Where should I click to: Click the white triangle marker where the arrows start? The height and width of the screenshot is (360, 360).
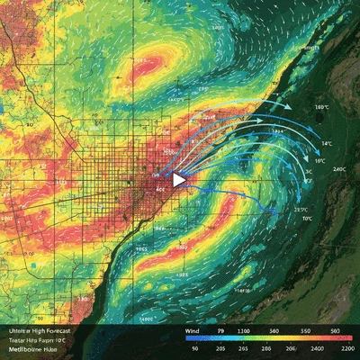tap(179, 180)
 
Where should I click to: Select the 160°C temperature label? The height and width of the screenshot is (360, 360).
tap(321, 107)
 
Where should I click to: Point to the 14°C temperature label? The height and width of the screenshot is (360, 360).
tap(326, 144)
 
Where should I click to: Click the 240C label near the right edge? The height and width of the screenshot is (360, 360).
tap(339, 169)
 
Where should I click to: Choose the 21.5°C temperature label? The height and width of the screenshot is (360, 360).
tap(300, 210)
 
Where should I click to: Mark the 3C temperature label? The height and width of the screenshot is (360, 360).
tap(308, 170)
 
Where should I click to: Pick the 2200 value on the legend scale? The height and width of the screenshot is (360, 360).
tap(346, 347)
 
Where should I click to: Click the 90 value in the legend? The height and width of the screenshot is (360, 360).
tap(193, 347)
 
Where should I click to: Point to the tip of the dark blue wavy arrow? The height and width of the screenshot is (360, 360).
tap(269, 211)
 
